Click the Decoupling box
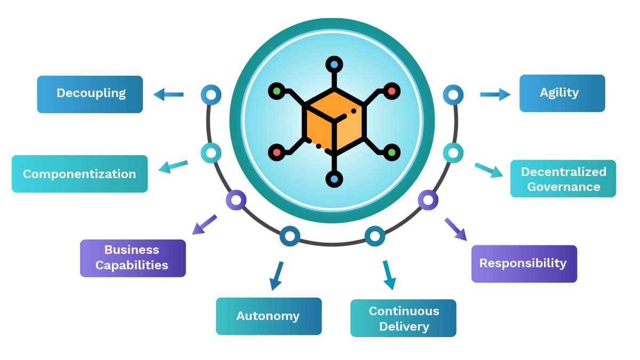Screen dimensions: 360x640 (x=90, y=94)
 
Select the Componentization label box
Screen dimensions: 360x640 (x=79, y=174)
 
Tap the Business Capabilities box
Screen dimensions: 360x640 (x=133, y=258)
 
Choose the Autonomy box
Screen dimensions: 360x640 (x=268, y=316)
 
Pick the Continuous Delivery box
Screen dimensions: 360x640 (x=403, y=318)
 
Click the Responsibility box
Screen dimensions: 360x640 (x=524, y=263)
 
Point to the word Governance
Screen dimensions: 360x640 (x=563, y=187)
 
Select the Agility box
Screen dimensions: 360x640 (x=562, y=93)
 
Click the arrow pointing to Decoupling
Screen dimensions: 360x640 (x=169, y=94)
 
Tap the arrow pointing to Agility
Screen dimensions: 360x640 (x=495, y=94)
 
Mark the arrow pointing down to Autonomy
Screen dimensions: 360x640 (x=276, y=275)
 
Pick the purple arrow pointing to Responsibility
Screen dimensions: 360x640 (x=455, y=229)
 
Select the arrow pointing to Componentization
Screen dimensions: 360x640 (x=173, y=166)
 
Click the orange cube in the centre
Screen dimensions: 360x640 (x=334, y=123)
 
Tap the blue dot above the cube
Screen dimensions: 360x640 (x=334, y=65)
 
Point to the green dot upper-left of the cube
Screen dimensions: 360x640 (x=276, y=91)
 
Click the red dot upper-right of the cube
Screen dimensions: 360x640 (x=392, y=91)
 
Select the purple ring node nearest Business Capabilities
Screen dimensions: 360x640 (x=236, y=201)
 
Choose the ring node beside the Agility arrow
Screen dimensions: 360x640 (x=453, y=95)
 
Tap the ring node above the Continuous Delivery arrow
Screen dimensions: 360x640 (x=375, y=236)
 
